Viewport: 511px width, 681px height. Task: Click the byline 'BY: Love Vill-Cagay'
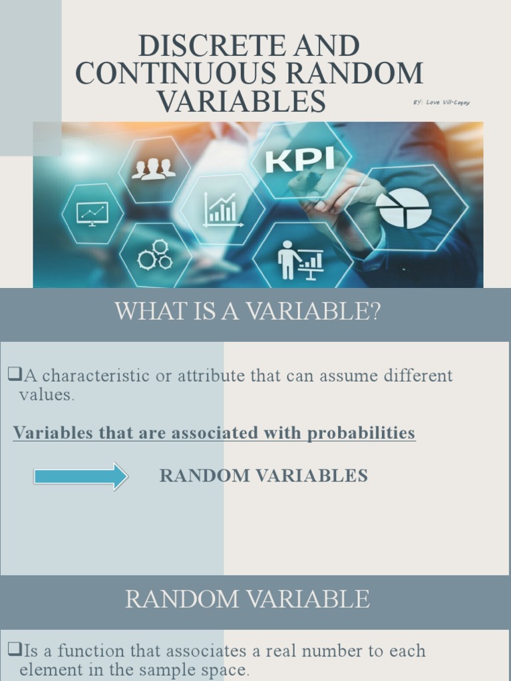[x=441, y=102]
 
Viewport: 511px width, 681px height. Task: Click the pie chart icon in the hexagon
[x=404, y=209]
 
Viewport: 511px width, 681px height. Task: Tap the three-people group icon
[x=154, y=169]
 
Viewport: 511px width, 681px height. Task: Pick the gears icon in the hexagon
[x=155, y=255]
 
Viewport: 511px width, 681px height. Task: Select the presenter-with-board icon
[x=300, y=260]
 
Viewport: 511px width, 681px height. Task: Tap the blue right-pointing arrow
[x=81, y=476]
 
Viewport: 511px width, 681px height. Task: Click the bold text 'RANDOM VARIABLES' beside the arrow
[x=263, y=476]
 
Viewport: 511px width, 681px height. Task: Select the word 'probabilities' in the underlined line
[x=361, y=434]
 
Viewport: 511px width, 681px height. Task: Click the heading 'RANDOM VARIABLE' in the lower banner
[x=248, y=600]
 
